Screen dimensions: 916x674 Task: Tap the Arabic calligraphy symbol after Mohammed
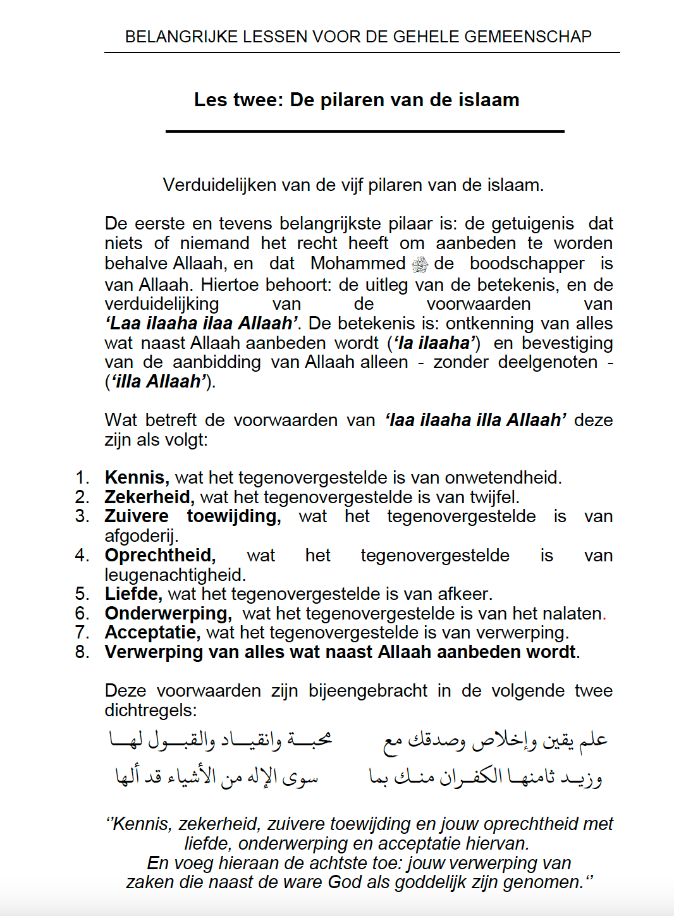420,264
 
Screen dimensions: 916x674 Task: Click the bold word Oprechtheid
160,555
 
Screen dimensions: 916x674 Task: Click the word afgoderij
141,536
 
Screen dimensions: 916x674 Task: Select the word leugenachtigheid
175,575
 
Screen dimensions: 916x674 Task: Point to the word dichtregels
150,710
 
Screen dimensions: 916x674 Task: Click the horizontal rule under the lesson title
365,131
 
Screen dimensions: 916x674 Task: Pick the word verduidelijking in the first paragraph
162,303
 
